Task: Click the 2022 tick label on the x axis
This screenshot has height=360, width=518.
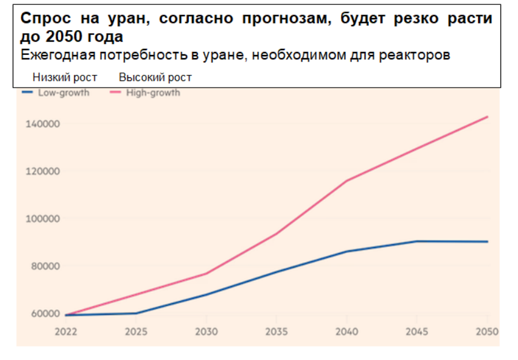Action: [65, 332]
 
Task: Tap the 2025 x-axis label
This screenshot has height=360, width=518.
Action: [136, 332]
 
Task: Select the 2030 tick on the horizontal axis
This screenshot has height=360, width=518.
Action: [206, 332]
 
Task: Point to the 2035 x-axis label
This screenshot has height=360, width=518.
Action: [277, 332]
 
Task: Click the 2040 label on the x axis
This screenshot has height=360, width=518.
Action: [347, 332]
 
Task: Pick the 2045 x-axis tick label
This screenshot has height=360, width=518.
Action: [417, 332]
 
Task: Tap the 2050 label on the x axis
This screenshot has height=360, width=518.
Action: [486, 332]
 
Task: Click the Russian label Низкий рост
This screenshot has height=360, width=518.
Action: [65, 77]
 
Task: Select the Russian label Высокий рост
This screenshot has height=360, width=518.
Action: [155, 77]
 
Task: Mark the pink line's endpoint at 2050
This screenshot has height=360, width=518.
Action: [487, 117]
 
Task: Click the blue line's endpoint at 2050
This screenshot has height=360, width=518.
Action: [487, 242]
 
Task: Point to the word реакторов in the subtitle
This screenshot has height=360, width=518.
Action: [418, 55]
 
